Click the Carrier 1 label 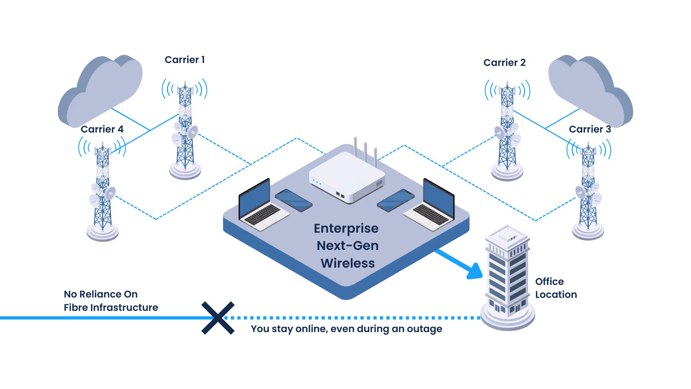(185, 60)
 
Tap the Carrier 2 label (504, 63)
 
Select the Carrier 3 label (590, 129)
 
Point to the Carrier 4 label (102, 129)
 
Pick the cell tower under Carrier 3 (588, 191)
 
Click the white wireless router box (347, 176)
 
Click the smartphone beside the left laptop (293, 200)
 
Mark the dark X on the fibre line (218, 318)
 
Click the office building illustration (508, 277)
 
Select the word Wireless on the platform (348, 263)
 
